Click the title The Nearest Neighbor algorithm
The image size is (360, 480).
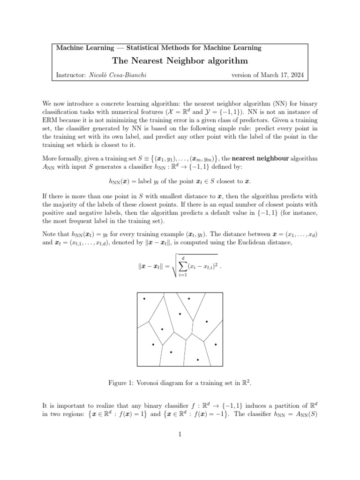180,61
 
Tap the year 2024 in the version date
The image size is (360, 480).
295,75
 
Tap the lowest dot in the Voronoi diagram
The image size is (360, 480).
197,360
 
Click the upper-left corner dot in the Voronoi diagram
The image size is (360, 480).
144,299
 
